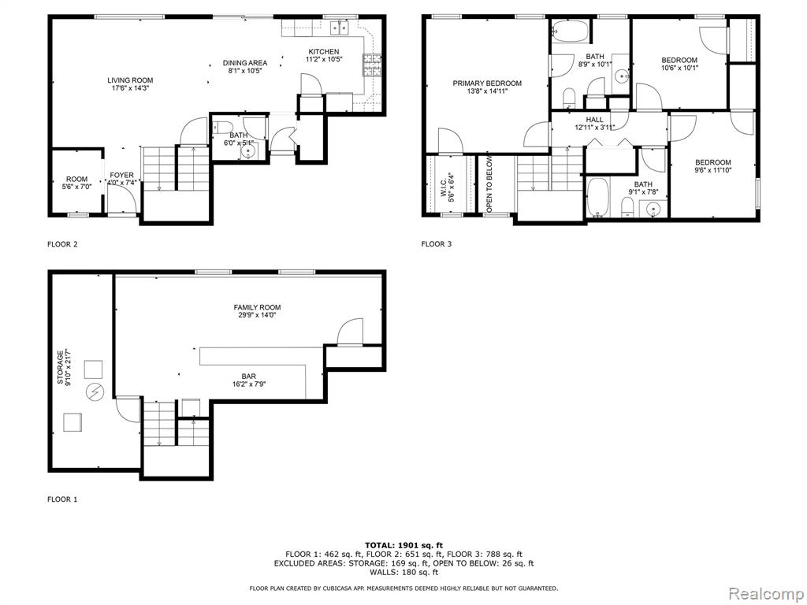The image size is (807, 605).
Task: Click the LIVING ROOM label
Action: (130, 80)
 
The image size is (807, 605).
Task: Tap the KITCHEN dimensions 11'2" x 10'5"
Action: (324, 59)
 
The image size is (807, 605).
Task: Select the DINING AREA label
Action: (245, 63)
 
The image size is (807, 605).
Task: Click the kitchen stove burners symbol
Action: (373, 65)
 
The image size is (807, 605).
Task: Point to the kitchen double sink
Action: (340, 28)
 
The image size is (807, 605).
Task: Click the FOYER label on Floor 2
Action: (121, 176)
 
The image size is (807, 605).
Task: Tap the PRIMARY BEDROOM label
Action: (487, 84)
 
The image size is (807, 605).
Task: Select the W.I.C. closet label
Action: (444, 187)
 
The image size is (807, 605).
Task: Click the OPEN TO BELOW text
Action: (489, 184)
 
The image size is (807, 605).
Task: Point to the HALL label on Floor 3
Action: (594, 120)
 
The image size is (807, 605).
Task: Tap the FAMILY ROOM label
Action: (258, 308)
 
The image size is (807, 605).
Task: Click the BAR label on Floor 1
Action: (248, 377)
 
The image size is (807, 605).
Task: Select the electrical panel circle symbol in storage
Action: (95, 392)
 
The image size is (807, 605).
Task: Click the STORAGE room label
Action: (60, 367)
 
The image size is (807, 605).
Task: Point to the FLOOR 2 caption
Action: (62, 244)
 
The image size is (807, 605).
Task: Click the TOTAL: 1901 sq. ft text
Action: (404, 545)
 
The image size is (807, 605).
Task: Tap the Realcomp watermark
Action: (765, 594)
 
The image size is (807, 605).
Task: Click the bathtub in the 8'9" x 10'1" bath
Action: (571, 31)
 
